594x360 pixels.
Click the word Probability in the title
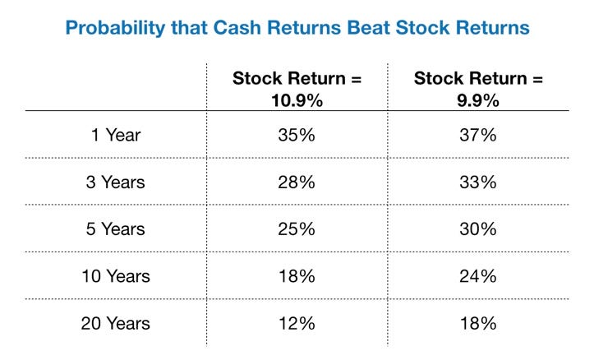tap(116, 29)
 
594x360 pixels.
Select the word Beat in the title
tap(369, 28)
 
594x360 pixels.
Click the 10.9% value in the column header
tap(297, 101)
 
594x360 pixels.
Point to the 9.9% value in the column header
tap(478, 101)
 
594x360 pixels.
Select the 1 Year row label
tap(116, 135)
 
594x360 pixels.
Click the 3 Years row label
tap(116, 182)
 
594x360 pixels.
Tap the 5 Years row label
tap(116, 228)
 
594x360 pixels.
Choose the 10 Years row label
tap(116, 276)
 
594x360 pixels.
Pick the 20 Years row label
tap(116, 323)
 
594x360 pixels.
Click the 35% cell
tap(297, 135)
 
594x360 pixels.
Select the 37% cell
tap(478, 135)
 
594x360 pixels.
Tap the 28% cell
tap(297, 182)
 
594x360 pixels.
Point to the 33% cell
tap(478, 182)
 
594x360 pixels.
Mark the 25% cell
tap(297, 228)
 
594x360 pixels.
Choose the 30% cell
tap(478, 228)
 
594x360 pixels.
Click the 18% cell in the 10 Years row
tap(297, 276)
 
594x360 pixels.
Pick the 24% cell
tap(478, 276)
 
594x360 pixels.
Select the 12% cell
tap(297, 323)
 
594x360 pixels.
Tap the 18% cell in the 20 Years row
tap(478, 323)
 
